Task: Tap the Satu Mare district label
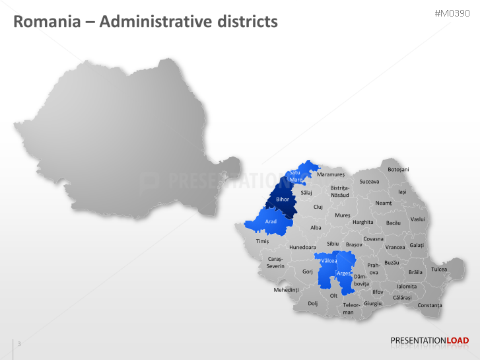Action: click(x=295, y=176)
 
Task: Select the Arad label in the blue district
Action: click(x=271, y=221)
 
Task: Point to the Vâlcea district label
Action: click(x=328, y=262)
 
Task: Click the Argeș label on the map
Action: click(x=344, y=273)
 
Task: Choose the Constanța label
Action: click(x=430, y=305)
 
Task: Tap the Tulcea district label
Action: click(x=439, y=269)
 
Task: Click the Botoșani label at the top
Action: click(x=398, y=170)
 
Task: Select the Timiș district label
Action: click(x=262, y=242)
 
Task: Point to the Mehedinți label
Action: click(x=287, y=289)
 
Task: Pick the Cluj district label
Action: click(x=318, y=207)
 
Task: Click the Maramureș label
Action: click(x=331, y=174)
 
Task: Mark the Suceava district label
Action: click(x=370, y=181)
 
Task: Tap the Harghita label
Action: click(x=363, y=222)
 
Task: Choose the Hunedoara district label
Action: click(x=303, y=247)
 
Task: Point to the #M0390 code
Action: click(x=452, y=14)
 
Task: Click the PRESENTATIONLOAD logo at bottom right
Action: click(x=430, y=341)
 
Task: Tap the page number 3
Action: click(x=19, y=343)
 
